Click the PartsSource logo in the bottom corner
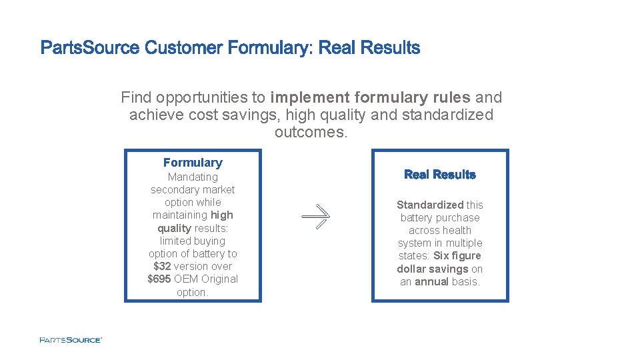point(70,340)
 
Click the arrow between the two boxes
point(315,216)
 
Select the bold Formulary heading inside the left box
point(193,163)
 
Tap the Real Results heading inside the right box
point(439,175)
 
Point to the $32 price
point(162,266)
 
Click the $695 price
point(159,279)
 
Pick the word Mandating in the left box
point(193,177)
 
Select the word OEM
point(186,279)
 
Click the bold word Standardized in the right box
point(430,205)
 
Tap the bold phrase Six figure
point(457,256)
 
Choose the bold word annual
point(431,281)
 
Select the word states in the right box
point(413,256)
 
